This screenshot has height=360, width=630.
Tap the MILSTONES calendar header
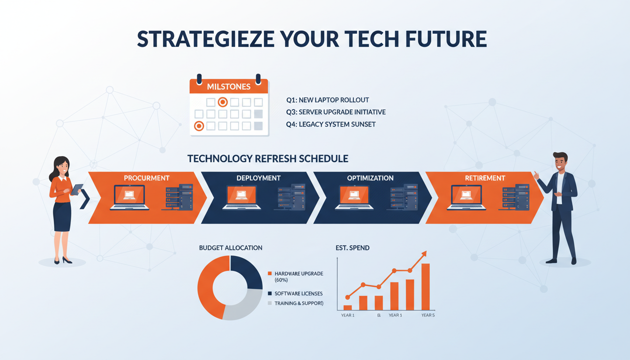pos(229,87)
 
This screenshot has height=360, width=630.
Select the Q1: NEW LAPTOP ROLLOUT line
pos(327,100)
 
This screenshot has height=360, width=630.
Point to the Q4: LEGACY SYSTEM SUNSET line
pos(330,124)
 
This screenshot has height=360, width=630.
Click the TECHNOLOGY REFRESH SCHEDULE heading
pos(268,158)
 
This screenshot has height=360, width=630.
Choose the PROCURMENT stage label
pos(147,178)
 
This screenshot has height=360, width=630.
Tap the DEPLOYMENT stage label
pos(259,178)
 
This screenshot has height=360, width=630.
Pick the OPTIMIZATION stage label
pos(370,178)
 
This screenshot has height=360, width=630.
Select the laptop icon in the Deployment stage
pos(242,197)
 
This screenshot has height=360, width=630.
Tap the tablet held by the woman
pos(77,189)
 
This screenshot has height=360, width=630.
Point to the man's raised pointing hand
pos(536,175)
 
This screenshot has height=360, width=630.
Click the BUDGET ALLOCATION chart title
pos(231,247)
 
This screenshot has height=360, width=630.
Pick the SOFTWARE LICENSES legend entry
pos(298,293)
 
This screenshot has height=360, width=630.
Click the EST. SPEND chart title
pos(352,247)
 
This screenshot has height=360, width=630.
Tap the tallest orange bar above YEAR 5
pos(425,287)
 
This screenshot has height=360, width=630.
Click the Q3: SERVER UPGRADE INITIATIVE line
pos(336,112)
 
